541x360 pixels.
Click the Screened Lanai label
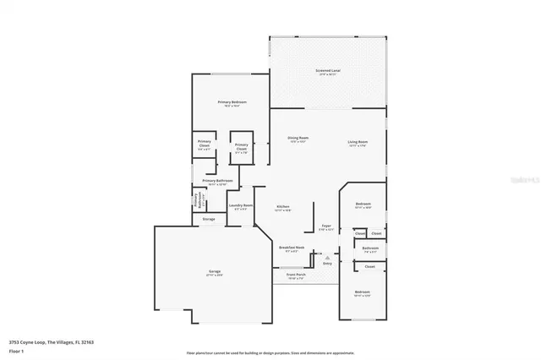(328, 71)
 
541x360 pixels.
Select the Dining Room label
(298, 139)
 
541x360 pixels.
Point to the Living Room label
(357, 141)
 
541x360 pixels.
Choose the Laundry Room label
(241, 205)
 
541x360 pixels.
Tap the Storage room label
(208, 219)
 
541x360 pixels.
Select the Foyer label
(325, 226)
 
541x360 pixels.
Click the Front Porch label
(295, 275)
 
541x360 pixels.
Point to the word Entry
(327, 264)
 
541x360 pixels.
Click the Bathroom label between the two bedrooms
(370, 248)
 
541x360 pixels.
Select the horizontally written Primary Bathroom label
(217, 181)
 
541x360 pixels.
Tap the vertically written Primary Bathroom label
(197, 201)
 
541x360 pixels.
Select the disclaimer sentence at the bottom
(270, 352)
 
